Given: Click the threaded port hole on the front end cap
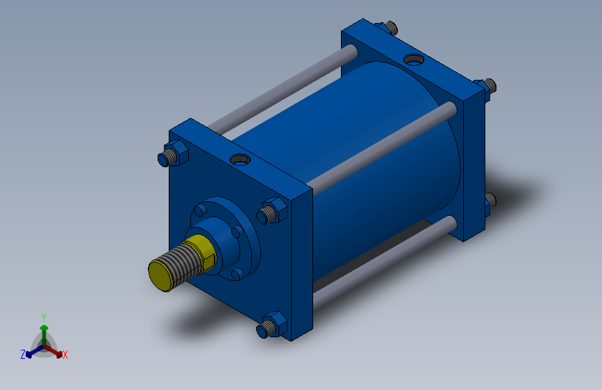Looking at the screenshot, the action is pos(240,158).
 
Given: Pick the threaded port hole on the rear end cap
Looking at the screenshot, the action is pos(414,59).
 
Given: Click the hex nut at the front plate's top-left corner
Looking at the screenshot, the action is pos(176,153).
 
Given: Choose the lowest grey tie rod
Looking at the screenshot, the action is pos(385,262).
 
